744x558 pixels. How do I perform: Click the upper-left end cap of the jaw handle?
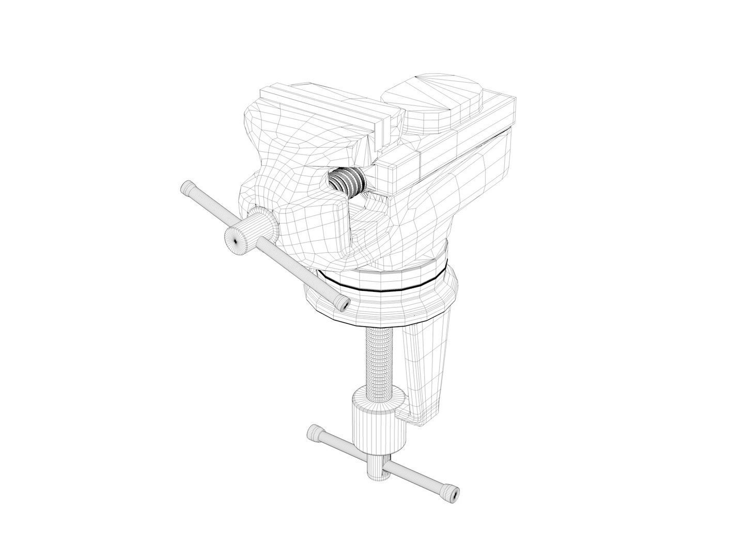coord(187,188)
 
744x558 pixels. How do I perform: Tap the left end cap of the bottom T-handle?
coord(314,432)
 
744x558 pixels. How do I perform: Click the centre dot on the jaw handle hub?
coord(236,240)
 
